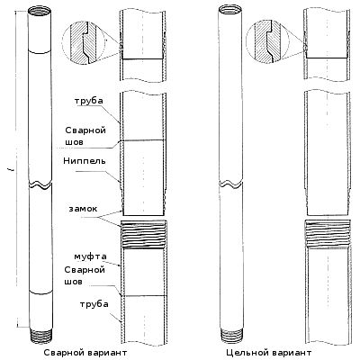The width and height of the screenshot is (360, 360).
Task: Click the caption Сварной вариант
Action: pos(85,352)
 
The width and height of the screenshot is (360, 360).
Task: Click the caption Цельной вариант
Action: pos(269,352)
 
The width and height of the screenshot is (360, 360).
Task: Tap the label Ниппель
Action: pos(85,161)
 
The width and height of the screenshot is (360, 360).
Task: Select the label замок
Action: pos(83,209)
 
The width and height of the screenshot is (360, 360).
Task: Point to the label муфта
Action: pos(90,256)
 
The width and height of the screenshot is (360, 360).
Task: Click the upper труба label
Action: pos(89,101)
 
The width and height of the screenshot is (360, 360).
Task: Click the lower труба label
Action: pos(94,304)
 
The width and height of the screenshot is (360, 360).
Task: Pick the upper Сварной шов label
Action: pos(85,136)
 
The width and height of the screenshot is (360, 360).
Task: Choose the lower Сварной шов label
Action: pos(85,275)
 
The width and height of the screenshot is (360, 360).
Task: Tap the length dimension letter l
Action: pos(12,170)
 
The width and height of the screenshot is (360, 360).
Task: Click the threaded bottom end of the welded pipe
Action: pos(40,336)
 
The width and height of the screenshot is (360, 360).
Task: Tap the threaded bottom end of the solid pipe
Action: pos(231,335)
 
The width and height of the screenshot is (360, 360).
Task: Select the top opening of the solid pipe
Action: pos(229,12)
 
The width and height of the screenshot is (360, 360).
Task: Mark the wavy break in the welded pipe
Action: pos(40,184)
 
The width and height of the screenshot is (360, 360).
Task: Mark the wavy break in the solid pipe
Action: pos(230,184)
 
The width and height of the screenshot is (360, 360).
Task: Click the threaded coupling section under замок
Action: pos(144,235)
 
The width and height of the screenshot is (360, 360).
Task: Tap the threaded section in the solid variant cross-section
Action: pos(328,234)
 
